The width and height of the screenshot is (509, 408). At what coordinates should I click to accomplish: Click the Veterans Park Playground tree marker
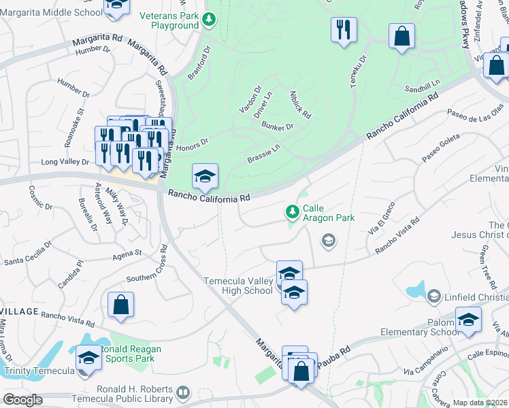pyautogui.click(x=210, y=19)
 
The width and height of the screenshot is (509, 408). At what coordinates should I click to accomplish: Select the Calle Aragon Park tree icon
pyautogui.click(x=293, y=213)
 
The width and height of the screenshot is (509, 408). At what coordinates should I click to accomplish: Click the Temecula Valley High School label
pyautogui.click(x=238, y=286)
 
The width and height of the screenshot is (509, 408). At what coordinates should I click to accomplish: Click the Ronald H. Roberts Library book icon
pyautogui.click(x=182, y=392)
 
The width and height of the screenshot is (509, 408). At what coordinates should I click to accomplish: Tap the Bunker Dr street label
pyautogui.click(x=278, y=126)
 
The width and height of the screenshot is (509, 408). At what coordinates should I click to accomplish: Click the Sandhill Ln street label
pyautogui.click(x=423, y=86)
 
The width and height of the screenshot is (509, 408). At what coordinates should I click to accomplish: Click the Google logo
pyautogui.click(x=22, y=400)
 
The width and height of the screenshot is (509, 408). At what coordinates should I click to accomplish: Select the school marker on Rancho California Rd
pyautogui.click(x=205, y=177)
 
